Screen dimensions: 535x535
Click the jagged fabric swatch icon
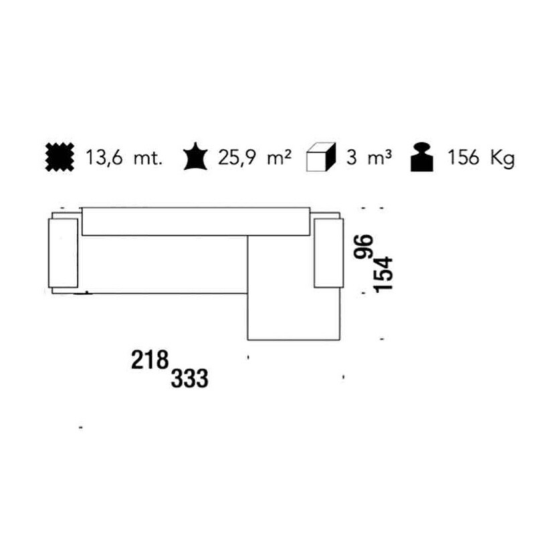(x=58, y=157)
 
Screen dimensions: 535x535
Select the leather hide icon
(x=196, y=157)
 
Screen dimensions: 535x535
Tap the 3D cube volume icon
(x=320, y=158)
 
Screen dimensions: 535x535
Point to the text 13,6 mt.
(x=124, y=158)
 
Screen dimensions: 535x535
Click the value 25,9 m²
(x=255, y=158)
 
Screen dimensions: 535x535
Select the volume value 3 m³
(x=368, y=158)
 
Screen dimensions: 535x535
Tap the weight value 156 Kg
(x=481, y=158)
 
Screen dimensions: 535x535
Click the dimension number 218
(x=149, y=361)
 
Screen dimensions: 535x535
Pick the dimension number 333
(x=190, y=379)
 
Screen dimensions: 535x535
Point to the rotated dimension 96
(x=365, y=247)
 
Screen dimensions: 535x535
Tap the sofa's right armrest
(x=327, y=251)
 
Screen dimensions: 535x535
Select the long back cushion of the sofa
(x=196, y=221)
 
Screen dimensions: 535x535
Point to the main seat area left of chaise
(x=164, y=264)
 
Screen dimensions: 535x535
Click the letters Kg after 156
(x=502, y=158)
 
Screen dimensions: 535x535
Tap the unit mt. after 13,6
(x=148, y=158)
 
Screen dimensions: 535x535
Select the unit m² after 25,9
(x=279, y=158)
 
